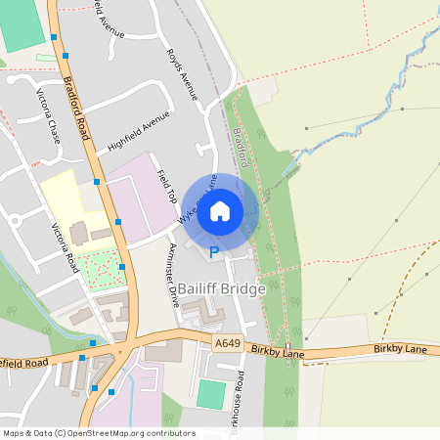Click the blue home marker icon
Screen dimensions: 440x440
click(x=220, y=210)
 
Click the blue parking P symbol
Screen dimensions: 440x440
click(x=214, y=253)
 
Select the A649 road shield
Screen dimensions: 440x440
click(x=226, y=343)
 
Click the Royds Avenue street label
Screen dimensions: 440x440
click(x=183, y=73)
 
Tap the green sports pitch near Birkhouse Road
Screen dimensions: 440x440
click(x=210, y=395)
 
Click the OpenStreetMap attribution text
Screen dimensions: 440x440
click(x=98, y=433)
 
